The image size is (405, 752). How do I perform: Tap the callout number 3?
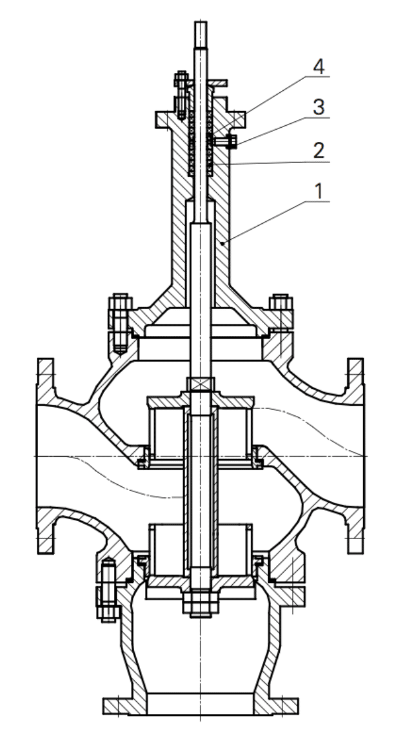(x=317, y=107)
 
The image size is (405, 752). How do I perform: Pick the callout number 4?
(x=317, y=66)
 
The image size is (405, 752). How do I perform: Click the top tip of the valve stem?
(x=201, y=25)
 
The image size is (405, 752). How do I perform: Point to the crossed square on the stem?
(x=200, y=384)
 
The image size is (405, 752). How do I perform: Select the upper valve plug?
(x=200, y=429)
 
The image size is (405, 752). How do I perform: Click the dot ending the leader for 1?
(x=222, y=244)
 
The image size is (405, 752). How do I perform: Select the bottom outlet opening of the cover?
(x=200, y=703)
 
